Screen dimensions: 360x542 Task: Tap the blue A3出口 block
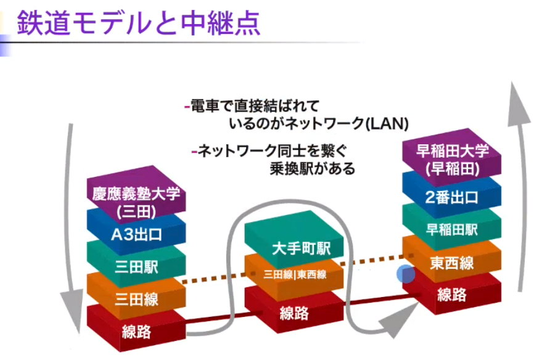tap(136, 234)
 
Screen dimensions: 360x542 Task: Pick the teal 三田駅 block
tap(136, 267)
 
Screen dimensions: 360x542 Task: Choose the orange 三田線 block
tap(136, 300)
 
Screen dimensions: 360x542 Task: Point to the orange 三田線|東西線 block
tap(295, 275)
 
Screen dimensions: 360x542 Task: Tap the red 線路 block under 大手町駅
tap(294, 312)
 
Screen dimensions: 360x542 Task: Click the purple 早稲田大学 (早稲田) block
tap(453, 157)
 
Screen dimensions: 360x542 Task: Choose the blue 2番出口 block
tap(453, 197)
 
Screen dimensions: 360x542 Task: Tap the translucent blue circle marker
tap(405, 274)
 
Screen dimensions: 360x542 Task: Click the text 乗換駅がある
tap(312, 168)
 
